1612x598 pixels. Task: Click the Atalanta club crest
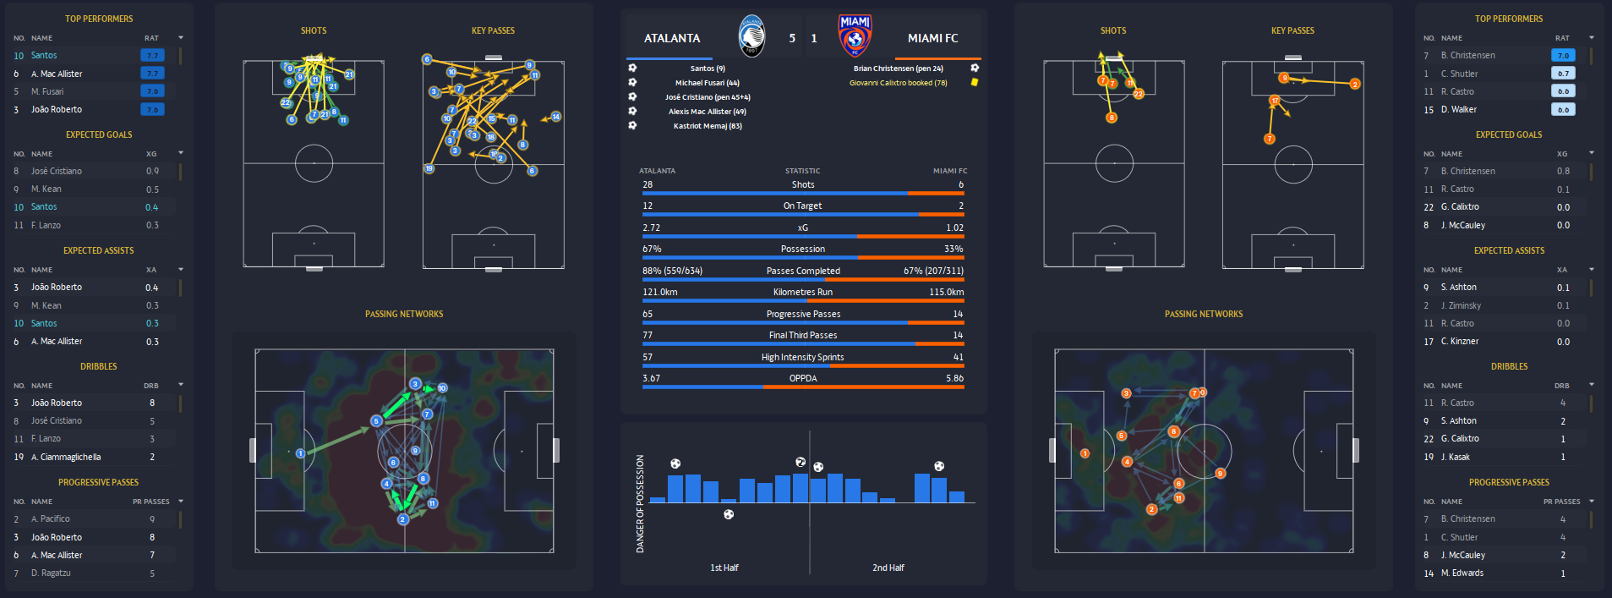point(751,36)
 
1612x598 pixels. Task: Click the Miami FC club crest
point(855,36)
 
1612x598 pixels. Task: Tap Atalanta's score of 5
point(792,38)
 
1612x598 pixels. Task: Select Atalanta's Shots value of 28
point(648,184)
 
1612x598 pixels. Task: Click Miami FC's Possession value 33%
point(954,249)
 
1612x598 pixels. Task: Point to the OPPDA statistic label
point(803,378)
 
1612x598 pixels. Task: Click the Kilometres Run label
point(803,292)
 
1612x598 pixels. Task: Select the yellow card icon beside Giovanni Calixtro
point(975,82)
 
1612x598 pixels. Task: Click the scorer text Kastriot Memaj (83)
point(708,126)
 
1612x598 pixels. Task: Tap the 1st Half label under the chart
point(724,568)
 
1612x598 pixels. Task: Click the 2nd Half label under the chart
point(888,568)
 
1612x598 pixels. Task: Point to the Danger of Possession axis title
point(640,504)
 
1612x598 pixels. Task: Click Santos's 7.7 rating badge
point(152,55)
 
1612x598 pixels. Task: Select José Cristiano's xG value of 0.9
point(152,171)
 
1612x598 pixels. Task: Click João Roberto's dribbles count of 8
point(152,403)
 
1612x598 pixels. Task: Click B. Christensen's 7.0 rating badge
point(1563,55)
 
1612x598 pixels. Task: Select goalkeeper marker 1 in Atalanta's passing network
point(300,453)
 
